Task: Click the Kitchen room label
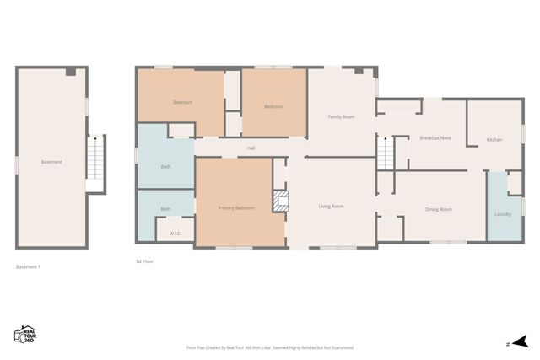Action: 494,139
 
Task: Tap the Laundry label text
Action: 502,214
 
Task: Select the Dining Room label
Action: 438,209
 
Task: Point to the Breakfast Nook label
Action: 435,138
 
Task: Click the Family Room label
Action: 340,116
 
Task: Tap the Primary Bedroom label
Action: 236,207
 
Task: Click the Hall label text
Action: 251,148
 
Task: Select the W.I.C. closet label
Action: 175,233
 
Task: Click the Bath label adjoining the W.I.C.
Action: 165,209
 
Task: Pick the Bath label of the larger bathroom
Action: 165,166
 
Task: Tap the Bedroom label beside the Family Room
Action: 273,106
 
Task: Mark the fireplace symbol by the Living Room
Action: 279,201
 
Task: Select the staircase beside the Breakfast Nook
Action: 385,154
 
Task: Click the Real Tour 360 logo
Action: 26,335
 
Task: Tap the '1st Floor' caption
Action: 144,261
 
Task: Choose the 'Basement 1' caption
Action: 29,267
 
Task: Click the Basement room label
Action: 51,162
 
